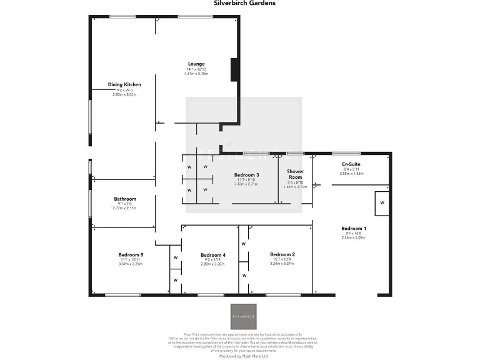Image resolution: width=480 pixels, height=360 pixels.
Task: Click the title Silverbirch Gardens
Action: [x=240, y=3]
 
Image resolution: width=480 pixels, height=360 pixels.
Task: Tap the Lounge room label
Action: [x=196, y=64]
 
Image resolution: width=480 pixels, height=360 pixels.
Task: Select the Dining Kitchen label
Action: [x=124, y=84]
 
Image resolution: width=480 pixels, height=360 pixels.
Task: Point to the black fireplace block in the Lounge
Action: [x=234, y=69]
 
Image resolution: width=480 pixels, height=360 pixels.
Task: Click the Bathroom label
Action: [x=124, y=199]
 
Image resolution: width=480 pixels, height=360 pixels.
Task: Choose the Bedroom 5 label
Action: [x=131, y=254]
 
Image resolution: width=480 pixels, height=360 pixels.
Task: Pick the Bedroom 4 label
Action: [x=212, y=255]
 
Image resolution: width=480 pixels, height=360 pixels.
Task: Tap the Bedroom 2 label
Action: [x=282, y=254]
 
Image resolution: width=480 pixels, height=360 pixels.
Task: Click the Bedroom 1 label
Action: [x=354, y=228]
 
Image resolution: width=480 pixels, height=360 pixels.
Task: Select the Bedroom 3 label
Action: [x=246, y=175]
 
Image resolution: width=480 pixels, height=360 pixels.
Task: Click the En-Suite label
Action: [x=351, y=164]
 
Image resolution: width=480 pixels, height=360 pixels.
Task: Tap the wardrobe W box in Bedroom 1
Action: [x=382, y=204]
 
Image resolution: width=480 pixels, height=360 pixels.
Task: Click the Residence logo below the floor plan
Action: [x=243, y=316]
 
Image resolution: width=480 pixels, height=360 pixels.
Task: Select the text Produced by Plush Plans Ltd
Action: [x=243, y=357]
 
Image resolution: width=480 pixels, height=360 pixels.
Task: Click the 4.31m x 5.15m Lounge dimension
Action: [x=196, y=74]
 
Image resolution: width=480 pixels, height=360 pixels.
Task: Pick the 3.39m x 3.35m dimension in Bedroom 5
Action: [x=131, y=264]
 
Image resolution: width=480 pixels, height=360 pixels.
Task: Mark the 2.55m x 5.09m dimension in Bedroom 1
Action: [x=354, y=237]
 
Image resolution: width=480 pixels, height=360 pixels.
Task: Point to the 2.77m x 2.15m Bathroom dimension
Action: [x=124, y=208]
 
